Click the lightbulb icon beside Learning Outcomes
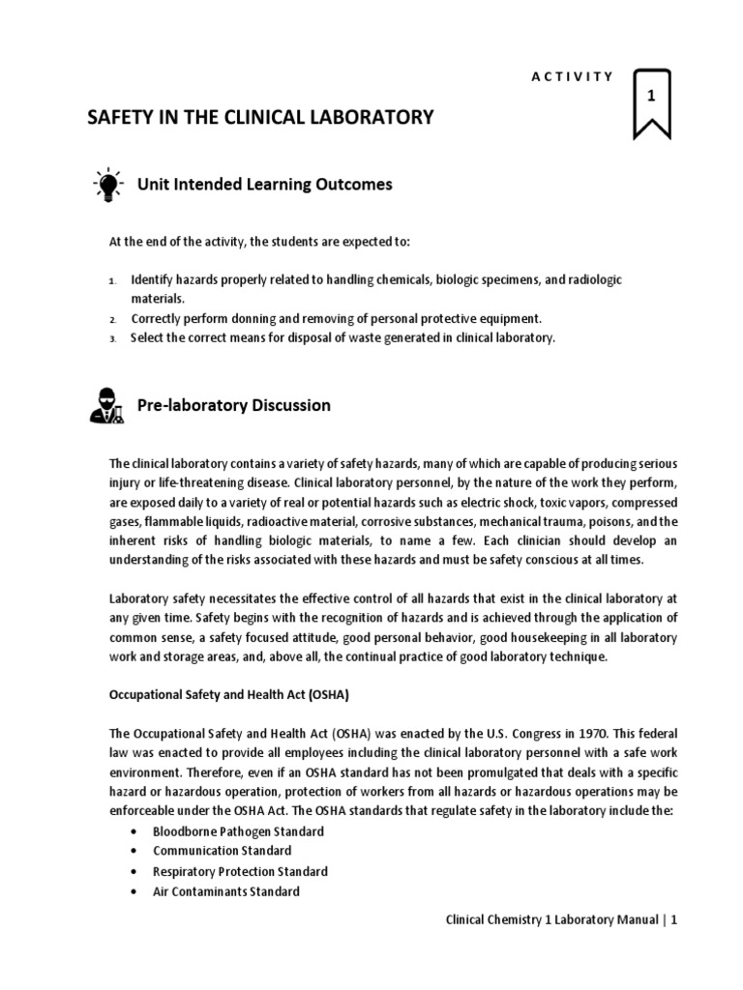coord(107,185)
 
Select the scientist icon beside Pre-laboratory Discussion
coord(106,406)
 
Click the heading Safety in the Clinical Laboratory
coord(261,118)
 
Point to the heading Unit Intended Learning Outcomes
coord(265,184)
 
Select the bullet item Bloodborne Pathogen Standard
coord(238,831)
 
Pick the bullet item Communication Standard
coord(222,851)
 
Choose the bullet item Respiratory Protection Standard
coord(240,871)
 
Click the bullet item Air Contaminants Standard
coord(225,891)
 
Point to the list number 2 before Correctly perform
coord(112,319)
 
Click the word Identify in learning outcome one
coord(150,279)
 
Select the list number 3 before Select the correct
coord(112,338)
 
